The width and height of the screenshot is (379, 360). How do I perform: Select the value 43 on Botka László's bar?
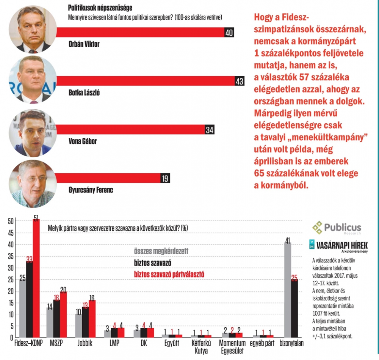239,81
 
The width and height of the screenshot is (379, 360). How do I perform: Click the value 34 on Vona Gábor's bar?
210,130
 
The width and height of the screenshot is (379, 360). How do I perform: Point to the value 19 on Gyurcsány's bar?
165,178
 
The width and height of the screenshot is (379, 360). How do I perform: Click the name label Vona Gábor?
83,141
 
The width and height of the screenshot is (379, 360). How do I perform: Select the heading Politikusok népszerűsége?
100,8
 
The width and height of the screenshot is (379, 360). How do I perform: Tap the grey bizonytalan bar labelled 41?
288,290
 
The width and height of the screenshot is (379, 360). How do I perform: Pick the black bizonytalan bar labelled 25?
294,308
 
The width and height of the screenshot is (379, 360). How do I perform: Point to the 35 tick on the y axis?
11,256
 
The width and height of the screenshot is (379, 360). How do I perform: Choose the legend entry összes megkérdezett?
161,251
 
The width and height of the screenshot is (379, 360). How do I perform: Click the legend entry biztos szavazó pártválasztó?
169,273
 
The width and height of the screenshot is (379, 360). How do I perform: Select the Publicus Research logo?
337,228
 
